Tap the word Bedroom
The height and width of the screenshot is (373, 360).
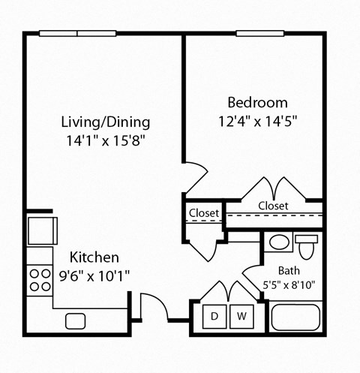click(257, 102)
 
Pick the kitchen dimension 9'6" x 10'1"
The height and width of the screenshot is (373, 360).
click(94, 275)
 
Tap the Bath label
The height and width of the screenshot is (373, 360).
click(289, 270)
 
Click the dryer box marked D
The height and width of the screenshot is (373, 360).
click(214, 317)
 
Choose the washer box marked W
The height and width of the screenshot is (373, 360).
click(241, 317)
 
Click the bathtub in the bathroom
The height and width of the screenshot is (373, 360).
click(296, 317)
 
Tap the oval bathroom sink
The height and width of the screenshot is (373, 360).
click(278, 242)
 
